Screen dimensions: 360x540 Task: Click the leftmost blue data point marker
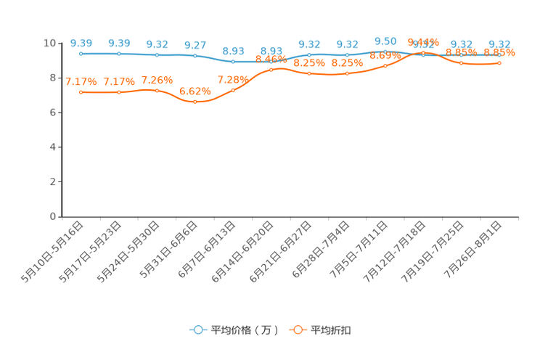point(81,54)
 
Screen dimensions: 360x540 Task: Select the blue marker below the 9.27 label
point(195,56)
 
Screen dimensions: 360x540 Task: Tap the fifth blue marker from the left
point(233,62)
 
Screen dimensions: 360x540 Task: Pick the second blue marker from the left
point(119,54)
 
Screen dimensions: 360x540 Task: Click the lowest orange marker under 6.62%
point(195,102)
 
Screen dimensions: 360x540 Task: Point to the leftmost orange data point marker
point(81,92)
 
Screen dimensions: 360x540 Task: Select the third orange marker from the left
point(157,91)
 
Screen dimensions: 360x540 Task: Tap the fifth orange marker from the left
point(233,91)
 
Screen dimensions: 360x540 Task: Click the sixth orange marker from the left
point(271,70)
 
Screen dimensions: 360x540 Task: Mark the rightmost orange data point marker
point(499,63)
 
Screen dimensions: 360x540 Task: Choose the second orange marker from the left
point(119,92)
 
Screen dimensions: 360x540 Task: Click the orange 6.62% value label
point(195,91)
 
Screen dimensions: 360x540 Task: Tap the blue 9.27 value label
point(195,45)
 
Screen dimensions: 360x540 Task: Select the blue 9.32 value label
point(157,44)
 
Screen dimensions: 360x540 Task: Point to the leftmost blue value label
point(81,43)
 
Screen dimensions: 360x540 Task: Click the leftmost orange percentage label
point(81,81)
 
